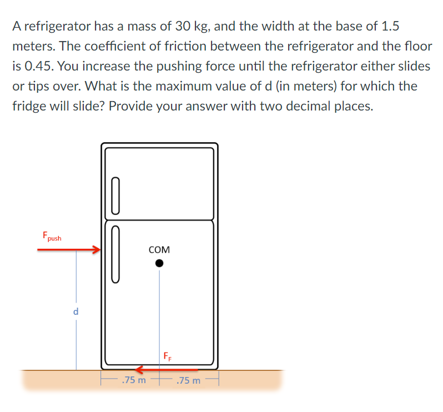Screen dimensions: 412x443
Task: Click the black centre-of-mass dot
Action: pos(159,264)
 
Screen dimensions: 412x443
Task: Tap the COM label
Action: pos(159,250)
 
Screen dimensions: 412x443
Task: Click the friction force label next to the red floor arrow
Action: pos(168,356)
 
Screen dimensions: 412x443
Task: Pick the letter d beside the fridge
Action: pos(76,312)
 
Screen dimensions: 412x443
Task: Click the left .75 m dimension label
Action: pos(134,380)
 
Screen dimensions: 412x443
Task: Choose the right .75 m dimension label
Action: pos(188,380)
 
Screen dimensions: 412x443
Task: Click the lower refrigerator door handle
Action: pos(115,254)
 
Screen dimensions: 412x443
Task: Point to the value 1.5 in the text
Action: pos(387,26)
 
